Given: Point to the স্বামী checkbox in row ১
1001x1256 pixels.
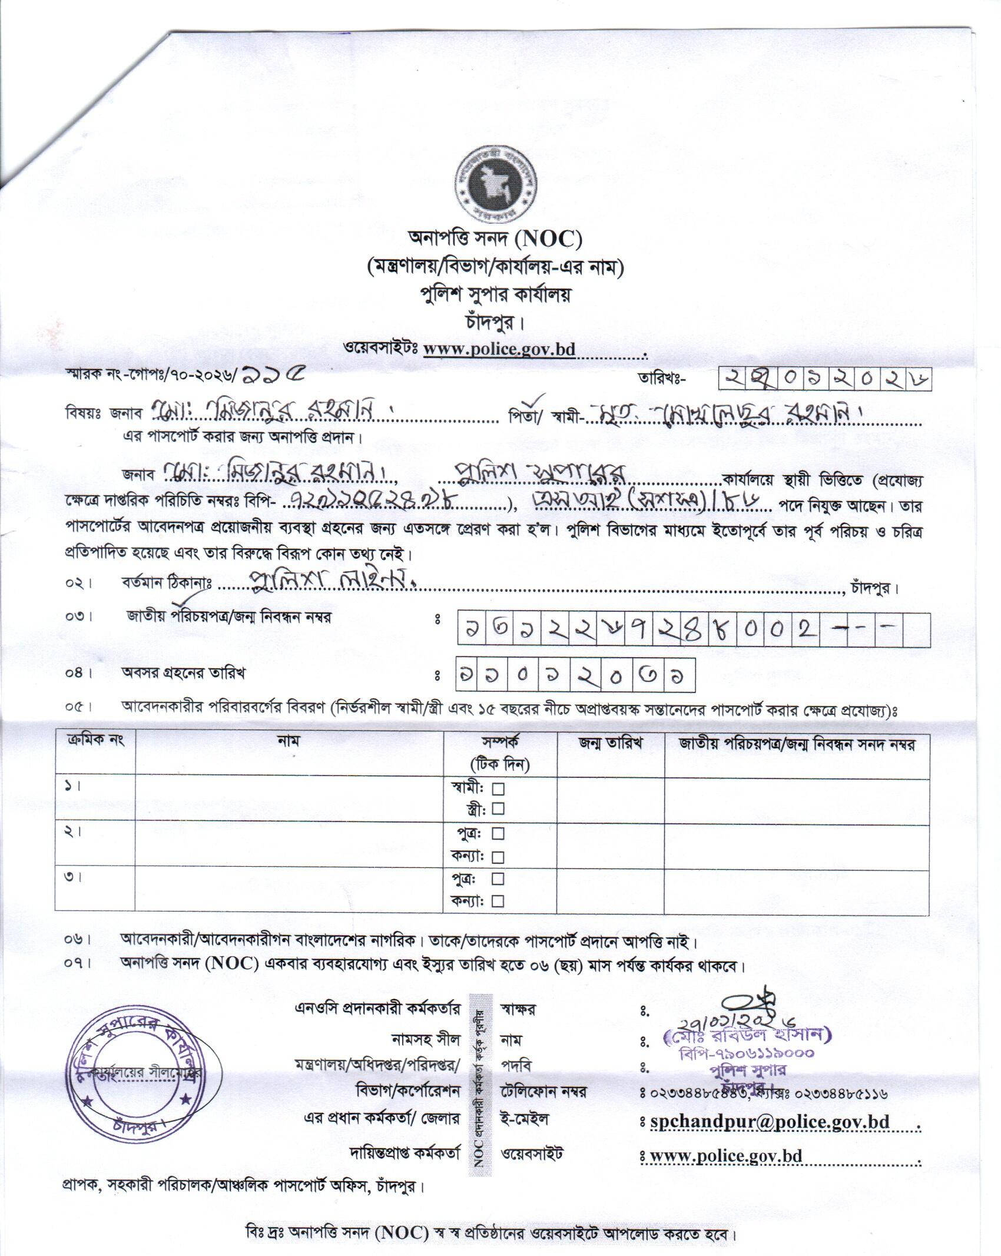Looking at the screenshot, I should (498, 788).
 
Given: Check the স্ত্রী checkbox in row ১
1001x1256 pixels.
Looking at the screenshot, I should (498, 808).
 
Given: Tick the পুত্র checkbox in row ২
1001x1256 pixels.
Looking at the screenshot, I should (498, 833).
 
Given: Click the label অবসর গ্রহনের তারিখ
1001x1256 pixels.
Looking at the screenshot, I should (183, 672).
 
